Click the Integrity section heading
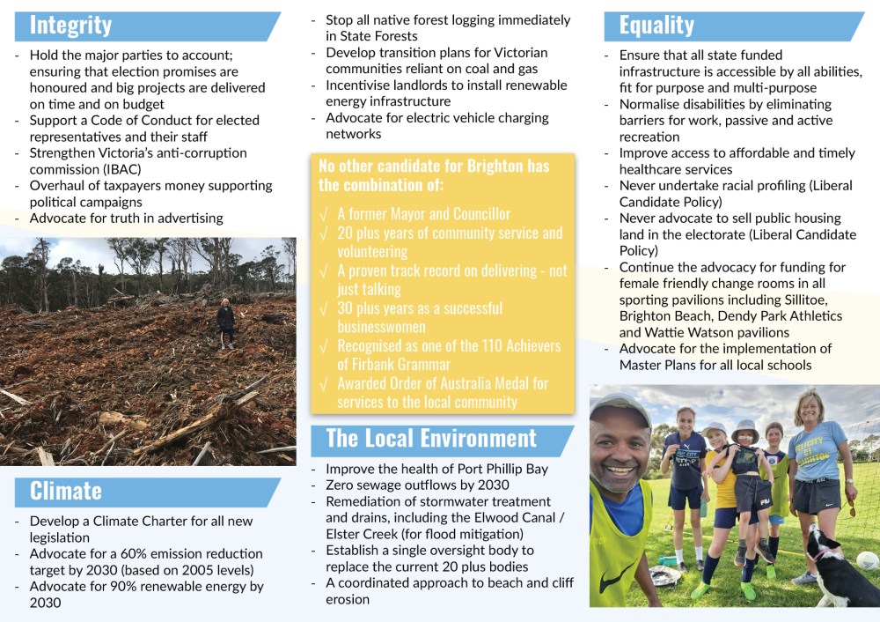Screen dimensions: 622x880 (71, 26)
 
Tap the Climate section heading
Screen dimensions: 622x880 (66, 491)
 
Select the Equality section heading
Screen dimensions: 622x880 (656, 26)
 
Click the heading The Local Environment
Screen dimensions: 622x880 (431, 438)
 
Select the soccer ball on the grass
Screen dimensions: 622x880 (867, 560)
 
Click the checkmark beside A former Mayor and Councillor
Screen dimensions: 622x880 (325, 214)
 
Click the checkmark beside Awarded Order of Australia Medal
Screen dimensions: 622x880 (325, 383)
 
